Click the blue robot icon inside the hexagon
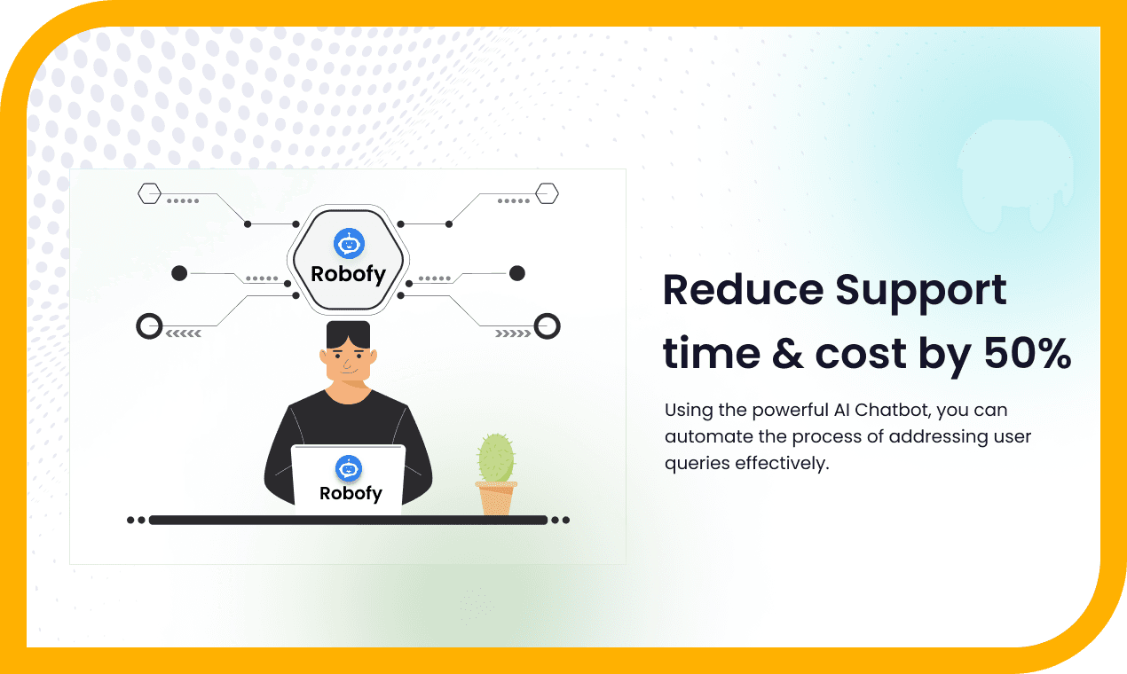pyautogui.click(x=348, y=242)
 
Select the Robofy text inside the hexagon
pyautogui.click(x=348, y=274)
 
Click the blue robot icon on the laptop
pyautogui.click(x=349, y=467)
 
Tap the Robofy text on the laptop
pyautogui.click(x=350, y=493)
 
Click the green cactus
pyautogui.click(x=496, y=458)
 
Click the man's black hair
pyautogui.click(x=348, y=334)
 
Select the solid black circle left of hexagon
pyautogui.click(x=179, y=273)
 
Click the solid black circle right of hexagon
pyautogui.click(x=517, y=273)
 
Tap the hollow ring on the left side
pyautogui.click(x=149, y=326)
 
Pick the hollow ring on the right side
pyautogui.click(x=548, y=325)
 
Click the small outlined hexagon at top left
pyautogui.click(x=149, y=192)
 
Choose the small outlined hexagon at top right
pyautogui.click(x=547, y=192)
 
